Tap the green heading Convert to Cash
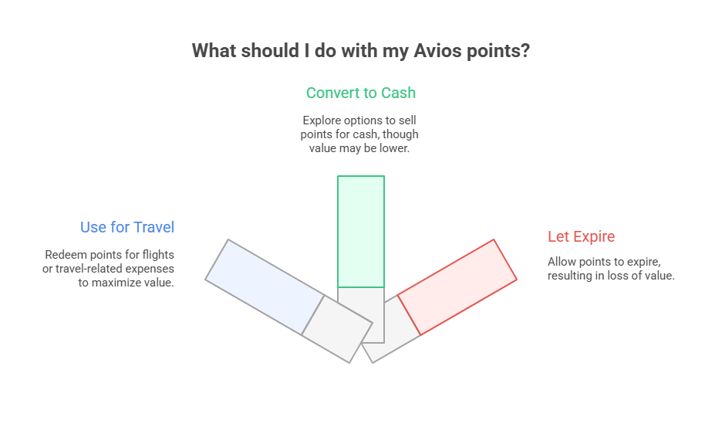pos(360,93)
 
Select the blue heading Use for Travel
pos(127,227)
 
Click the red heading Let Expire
pos(581,236)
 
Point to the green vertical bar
pos(360,231)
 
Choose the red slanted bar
pos(457,287)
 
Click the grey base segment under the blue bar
pos(336,328)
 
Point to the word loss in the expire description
pos(621,276)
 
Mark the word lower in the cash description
pos(393,148)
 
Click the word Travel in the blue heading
pos(154,227)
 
